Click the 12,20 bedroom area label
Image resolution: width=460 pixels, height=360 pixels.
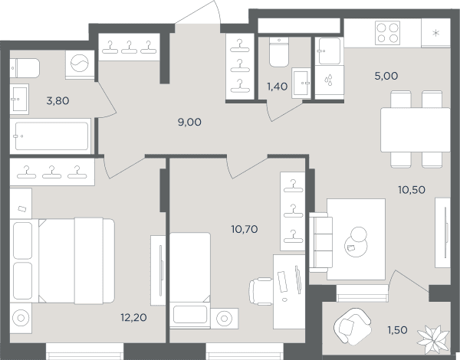133,317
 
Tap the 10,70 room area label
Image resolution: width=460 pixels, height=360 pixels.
245,229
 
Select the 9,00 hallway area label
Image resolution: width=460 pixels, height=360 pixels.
189,122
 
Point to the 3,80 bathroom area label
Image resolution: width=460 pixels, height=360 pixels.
58,101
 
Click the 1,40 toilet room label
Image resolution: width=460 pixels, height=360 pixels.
277,87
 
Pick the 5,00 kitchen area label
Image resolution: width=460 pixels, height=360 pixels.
386,76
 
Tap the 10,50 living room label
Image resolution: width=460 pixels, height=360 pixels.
412,190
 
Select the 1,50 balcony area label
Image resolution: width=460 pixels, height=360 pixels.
397,330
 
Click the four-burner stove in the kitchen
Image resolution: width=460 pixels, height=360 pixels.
387,33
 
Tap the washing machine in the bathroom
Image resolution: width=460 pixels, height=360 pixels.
80,64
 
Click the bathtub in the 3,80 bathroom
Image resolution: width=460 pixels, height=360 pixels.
51,136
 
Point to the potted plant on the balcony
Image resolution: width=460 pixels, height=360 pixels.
433,339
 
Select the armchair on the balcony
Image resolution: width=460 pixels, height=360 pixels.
351,326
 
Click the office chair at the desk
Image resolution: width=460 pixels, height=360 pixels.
261,291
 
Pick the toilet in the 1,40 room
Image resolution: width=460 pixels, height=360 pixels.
279,52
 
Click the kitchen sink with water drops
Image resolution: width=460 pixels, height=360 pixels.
329,80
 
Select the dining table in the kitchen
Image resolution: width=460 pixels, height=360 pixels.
416,130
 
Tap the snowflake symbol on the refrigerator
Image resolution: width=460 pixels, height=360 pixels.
436,33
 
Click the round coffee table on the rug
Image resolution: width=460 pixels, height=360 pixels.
356,246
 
